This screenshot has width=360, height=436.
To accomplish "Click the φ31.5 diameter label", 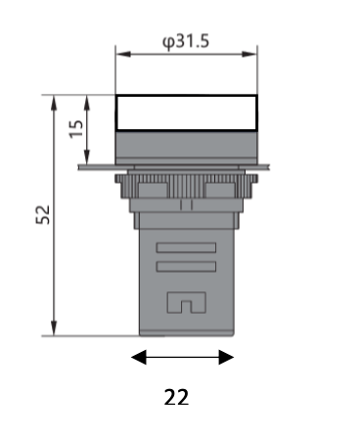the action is click(186, 42).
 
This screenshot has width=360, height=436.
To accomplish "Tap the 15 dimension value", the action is click(76, 129).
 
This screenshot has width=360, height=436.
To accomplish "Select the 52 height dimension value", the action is click(43, 214).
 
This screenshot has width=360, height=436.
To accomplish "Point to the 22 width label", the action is click(176, 397).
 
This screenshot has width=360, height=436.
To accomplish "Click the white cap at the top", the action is click(186, 112).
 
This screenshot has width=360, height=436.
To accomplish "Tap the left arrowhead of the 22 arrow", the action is click(139, 357).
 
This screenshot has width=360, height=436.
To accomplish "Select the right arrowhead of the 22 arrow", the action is click(226, 357).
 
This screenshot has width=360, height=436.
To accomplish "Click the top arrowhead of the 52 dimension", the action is click(54, 103).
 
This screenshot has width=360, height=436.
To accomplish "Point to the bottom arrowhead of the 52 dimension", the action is click(54, 328).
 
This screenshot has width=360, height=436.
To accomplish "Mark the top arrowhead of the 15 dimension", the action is click(87, 103).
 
